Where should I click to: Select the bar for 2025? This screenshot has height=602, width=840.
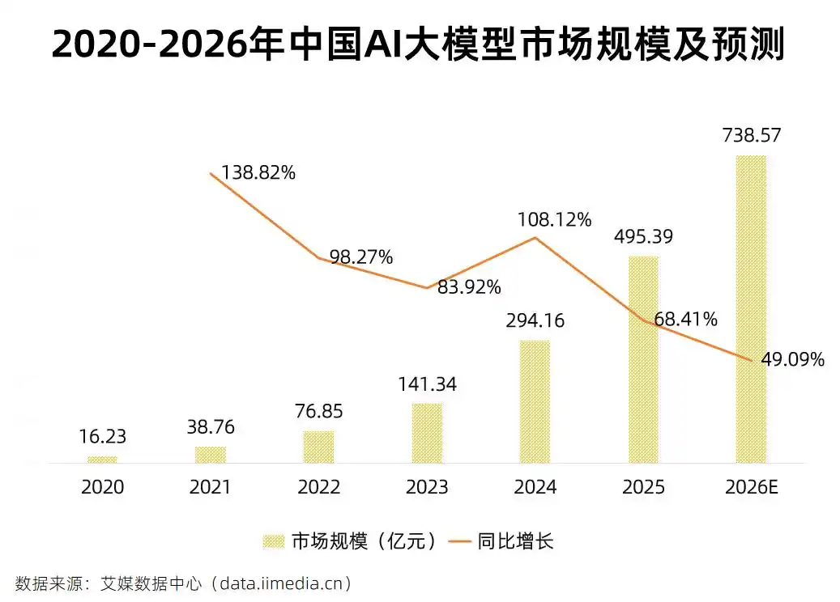click(643, 360)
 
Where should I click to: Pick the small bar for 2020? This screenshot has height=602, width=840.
click(102, 460)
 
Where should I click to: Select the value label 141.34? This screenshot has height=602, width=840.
click(426, 384)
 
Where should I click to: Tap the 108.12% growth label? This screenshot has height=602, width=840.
click(556, 218)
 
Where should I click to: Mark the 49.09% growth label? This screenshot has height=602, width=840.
click(792, 359)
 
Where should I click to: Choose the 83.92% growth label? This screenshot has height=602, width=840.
click(469, 286)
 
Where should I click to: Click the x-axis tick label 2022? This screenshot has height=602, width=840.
click(318, 487)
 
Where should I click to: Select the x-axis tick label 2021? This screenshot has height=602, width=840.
click(210, 487)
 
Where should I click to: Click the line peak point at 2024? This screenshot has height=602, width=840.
click(535, 238)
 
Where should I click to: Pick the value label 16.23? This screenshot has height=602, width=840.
click(102, 437)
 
